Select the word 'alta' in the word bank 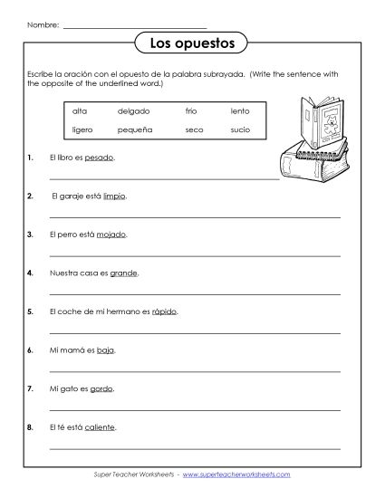click(x=79, y=111)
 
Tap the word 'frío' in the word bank click(x=190, y=111)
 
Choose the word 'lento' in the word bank click(x=240, y=111)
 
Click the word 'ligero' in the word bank click(x=82, y=129)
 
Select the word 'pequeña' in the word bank click(x=135, y=129)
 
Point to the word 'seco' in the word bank click(x=193, y=129)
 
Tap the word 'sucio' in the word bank click(x=241, y=129)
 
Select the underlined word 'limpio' click(x=115, y=195)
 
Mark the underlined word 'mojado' click(x=111, y=233)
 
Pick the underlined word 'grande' click(x=124, y=272)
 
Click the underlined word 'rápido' click(x=164, y=311)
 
